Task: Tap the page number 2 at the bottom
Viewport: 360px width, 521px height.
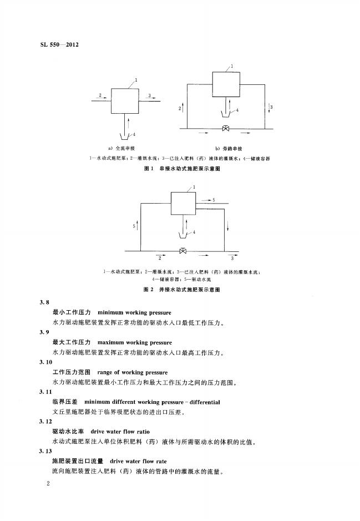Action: click(49, 484)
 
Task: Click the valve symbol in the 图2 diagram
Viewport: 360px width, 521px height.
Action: click(183, 251)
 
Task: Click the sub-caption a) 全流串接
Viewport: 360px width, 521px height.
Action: click(126, 148)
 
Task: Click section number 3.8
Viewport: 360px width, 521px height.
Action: click(44, 302)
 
